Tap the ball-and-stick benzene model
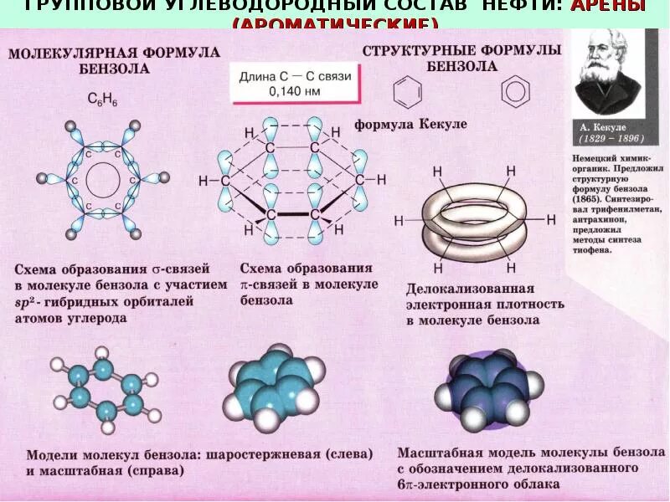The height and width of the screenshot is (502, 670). pyautogui.click(x=105, y=389)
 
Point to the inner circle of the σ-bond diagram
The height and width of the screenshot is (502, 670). pyautogui.click(x=103, y=178)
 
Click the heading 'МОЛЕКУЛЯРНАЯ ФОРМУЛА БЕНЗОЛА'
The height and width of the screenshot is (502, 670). pyautogui.click(x=115, y=60)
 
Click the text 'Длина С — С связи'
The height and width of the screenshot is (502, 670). pyautogui.click(x=295, y=77)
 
